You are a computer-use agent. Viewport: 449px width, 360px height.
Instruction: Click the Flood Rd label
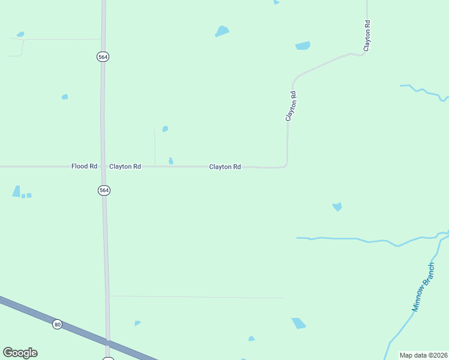click(84, 166)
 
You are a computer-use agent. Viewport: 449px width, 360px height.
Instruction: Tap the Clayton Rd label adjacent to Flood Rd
click(125, 166)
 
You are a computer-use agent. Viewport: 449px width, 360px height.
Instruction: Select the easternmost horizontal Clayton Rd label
click(225, 167)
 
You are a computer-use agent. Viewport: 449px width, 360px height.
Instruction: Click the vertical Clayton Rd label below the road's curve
click(291, 106)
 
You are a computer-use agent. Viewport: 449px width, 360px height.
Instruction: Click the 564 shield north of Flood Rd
click(103, 56)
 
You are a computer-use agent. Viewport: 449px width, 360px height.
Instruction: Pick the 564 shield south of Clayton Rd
click(104, 190)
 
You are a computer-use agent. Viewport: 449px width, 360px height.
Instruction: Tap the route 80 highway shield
click(57, 324)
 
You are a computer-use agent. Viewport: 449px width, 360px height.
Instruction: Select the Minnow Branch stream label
click(423, 287)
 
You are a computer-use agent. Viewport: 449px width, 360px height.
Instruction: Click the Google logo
click(20, 353)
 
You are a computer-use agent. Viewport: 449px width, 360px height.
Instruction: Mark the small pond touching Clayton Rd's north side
click(171, 161)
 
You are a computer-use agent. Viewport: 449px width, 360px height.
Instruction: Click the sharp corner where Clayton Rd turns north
click(286, 165)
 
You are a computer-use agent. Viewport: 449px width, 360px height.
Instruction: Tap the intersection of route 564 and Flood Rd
click(103, 166)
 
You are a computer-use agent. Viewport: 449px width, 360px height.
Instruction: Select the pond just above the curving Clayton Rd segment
click(303, 46)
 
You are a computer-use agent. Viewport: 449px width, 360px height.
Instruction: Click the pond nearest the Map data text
click(298, 323)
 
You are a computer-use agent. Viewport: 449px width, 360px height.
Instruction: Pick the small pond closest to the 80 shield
click(137, 323)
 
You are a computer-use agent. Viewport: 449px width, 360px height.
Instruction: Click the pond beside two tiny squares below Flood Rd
click(16, 191)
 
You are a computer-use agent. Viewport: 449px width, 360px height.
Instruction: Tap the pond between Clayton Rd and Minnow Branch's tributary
click(337, 206)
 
